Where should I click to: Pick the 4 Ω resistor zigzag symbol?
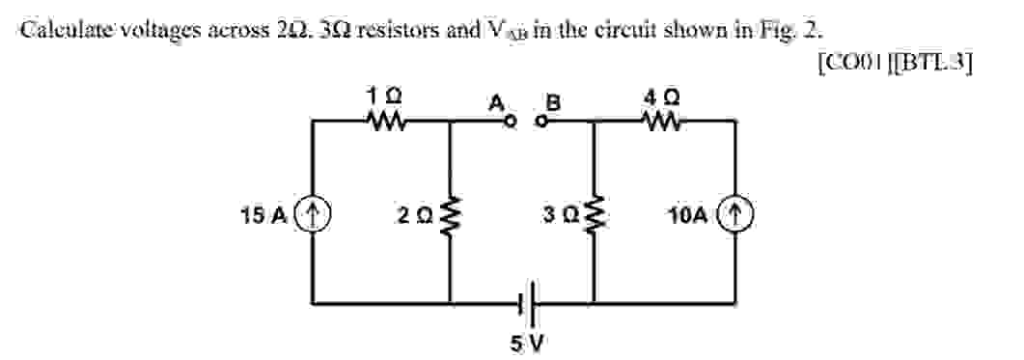(x=666, y=122)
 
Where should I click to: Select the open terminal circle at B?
(x=542, y=123)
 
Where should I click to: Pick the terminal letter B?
(x=553, y=101)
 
